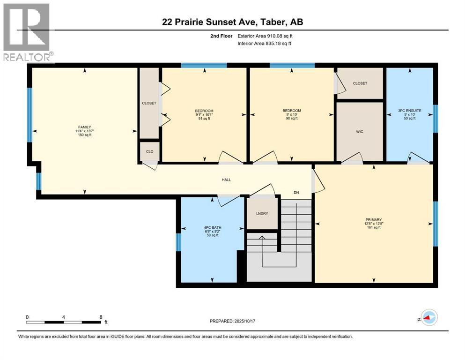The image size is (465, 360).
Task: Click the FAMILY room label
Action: tap(84, 127)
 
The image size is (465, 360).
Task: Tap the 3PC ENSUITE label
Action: tap(409, 111)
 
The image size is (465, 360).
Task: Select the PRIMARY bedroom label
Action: tap(374, 219)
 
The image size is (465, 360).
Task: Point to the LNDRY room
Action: tap(262, 213)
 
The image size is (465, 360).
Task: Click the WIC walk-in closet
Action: tap(360, 132)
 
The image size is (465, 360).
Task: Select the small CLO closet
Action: tap(149, 151)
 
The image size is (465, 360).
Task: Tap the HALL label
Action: tap(226, 180)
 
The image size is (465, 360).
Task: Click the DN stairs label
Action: tap(296, 192)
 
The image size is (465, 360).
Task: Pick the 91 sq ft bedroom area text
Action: tap(204, 119)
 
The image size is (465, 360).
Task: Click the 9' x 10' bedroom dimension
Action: tap(291, 115)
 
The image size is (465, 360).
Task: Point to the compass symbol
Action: tap(428, 318)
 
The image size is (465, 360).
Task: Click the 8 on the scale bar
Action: tap(101, 317)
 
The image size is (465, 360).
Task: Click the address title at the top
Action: tap(232, 22)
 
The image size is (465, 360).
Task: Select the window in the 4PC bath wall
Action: tap(178, 242)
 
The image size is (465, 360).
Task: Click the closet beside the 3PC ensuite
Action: tap(360, 83)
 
